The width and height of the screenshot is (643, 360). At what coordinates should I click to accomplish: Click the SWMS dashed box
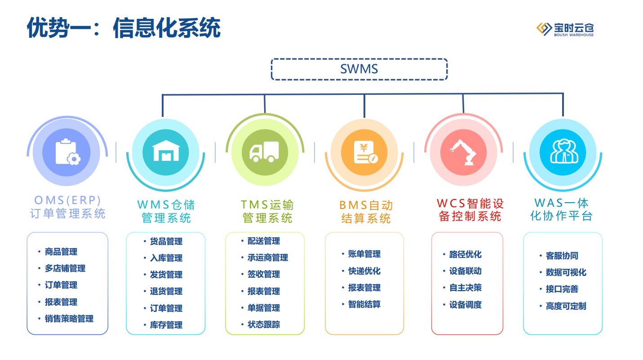pos(359,58)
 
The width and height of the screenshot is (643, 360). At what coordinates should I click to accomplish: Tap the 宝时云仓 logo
pos(565,29)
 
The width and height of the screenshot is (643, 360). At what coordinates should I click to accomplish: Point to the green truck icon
pos(264,151)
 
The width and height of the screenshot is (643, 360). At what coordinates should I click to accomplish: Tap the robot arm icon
pos(463,152)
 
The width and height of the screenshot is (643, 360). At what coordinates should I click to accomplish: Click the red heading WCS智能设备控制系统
pos(470,210)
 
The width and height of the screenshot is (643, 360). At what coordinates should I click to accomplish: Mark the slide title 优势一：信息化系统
pos(124,28)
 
